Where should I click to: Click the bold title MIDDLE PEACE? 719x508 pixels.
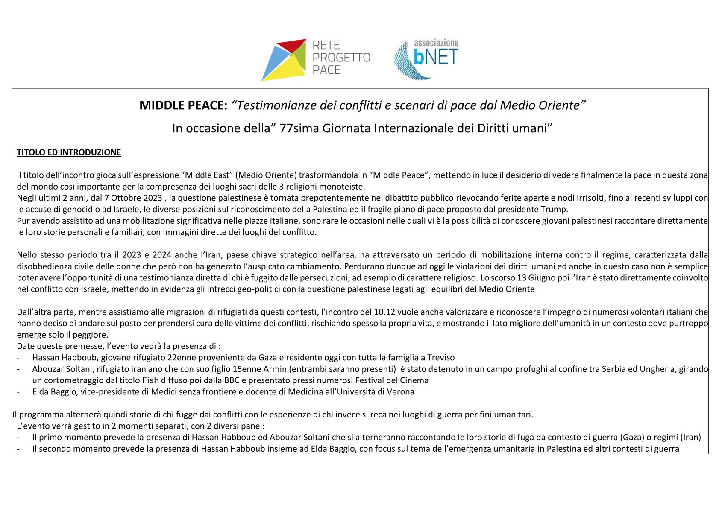pos(183,105)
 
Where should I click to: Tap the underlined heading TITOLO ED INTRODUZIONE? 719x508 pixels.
pos(69,152)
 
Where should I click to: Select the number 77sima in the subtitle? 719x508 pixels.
pos(299,128)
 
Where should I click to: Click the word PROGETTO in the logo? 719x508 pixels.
pos(341,58)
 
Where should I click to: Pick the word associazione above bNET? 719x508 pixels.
pos(436,43)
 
